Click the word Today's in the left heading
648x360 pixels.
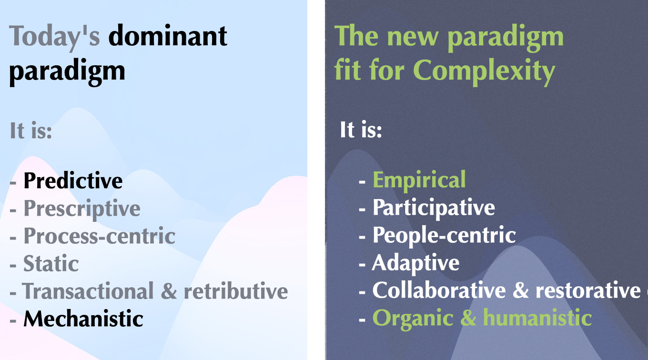(54, 37)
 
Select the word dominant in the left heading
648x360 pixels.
(168, 35)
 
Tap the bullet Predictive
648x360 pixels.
(73, 180)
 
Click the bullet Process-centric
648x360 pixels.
(100, 236)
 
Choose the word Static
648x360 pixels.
(51, 263)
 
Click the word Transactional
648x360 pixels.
(88, 291)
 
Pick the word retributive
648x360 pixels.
(236, 291)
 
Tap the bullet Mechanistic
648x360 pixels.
(83, 319)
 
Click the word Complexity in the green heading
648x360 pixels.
(484, 71)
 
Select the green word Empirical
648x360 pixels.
(419, 180)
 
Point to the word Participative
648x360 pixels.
(434, 208)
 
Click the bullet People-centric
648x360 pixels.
(444, 236)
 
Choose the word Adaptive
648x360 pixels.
(415, 264)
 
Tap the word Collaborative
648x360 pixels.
(439, 290)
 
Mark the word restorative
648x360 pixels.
(588, 290)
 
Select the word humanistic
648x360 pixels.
(537, 318)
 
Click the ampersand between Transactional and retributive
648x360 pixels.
(169, 291)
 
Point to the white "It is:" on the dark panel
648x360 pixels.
(361, 130)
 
